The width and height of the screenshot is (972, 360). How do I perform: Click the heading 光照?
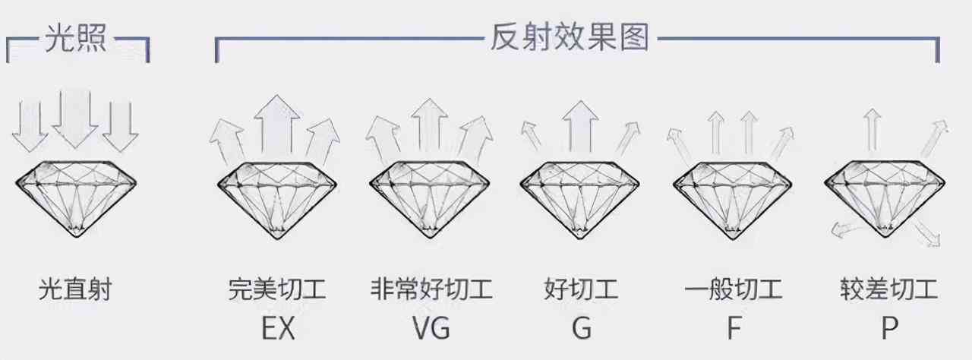[x=77, y=39]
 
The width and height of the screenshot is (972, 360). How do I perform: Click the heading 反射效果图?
[x=569, y=39]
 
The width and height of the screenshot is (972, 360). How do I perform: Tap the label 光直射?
[x=75, y=289]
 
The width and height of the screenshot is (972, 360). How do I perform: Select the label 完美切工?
[x=276, y=289]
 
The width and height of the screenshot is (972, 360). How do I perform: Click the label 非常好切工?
[x=431, y=289]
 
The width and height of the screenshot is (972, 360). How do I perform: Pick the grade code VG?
[x=431, y=329]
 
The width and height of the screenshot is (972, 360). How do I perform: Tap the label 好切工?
[x=581, y=289]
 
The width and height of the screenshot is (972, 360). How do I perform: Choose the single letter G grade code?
[x=581, y=329]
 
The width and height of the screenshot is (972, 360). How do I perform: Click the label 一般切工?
[x=733, y=289]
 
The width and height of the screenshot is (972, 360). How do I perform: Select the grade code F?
[x=734, y=329]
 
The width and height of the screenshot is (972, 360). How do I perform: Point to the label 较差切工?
[x=888, y=289]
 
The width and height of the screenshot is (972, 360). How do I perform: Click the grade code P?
[x=889, y=329]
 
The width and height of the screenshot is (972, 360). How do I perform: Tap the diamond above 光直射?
[x=76, y=199]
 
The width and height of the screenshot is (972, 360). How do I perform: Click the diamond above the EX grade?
[x=277, y=199]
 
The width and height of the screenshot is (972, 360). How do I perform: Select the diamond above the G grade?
[x=581, y=199]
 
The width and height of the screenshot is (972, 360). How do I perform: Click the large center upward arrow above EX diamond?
[x=276, y=125]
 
